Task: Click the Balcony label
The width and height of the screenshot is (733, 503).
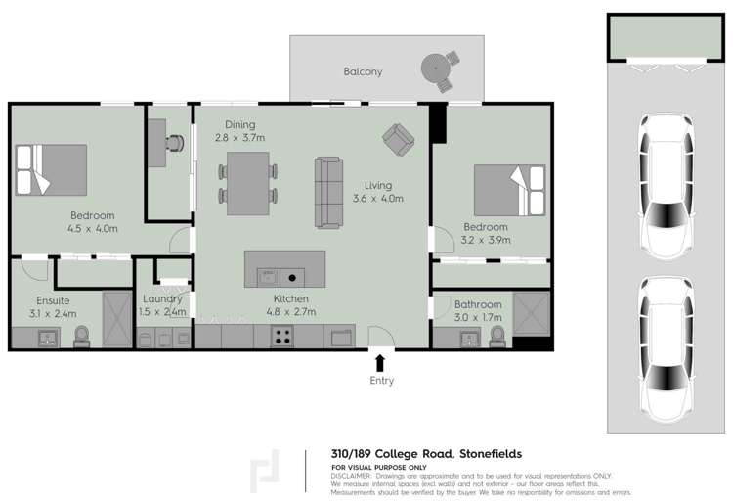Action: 363,71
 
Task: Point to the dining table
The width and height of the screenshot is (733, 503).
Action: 248,183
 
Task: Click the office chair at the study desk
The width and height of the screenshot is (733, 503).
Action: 174,142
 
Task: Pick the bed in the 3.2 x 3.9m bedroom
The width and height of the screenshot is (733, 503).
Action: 509,189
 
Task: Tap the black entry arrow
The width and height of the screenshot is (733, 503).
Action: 381,363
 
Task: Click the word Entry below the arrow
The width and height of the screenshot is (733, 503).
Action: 381,381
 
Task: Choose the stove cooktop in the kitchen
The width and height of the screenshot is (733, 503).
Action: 282,338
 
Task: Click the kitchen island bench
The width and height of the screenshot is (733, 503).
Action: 275,267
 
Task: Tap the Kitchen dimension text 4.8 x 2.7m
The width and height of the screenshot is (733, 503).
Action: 291,312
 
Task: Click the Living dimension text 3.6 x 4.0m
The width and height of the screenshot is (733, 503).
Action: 377,199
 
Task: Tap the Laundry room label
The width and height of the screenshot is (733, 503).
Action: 162,299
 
